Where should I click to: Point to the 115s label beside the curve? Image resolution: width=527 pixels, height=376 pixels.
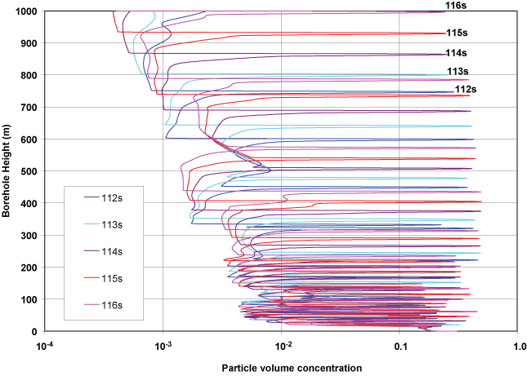[x=457, y=33]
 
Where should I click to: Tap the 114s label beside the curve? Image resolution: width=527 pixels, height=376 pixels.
[x=457, y=54]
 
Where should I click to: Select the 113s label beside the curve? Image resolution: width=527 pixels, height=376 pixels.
[x=458, y=72]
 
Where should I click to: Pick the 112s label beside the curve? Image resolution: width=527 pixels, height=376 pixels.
[x=466, y=89]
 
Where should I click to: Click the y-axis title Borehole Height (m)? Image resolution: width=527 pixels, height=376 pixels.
[x=7, y=171]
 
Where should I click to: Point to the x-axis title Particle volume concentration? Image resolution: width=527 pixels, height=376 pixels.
[x=292, y=368]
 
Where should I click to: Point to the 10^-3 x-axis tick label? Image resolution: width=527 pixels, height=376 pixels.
[x=163, y=346]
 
